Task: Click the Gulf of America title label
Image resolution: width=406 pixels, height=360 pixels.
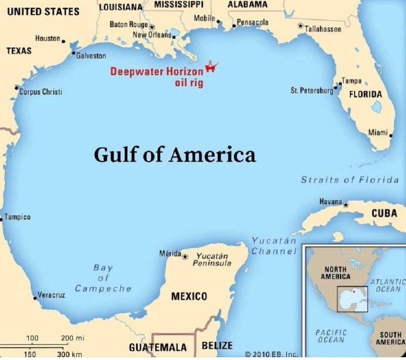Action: (174, 155)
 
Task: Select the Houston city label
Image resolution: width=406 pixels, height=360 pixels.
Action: (47, 38)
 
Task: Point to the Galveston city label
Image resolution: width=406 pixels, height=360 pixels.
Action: (91, 56)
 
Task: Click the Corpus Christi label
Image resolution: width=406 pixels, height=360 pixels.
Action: (41, 92)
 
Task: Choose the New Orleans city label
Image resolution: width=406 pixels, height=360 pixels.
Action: (152, 35)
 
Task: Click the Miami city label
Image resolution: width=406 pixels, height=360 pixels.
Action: (377, 132)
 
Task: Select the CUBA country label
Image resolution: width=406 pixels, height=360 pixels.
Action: (384, 213)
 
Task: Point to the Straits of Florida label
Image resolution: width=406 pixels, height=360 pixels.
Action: (350, 180)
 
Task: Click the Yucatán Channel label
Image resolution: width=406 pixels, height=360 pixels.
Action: (274, 246)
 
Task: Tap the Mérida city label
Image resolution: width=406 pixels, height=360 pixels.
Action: (170, 254)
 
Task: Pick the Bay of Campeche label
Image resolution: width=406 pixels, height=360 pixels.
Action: (103, 278)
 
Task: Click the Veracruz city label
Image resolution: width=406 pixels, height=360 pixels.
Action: (51, 295)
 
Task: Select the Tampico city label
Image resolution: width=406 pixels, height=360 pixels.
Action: (18, 217)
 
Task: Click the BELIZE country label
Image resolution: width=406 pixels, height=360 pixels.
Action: (217, 346)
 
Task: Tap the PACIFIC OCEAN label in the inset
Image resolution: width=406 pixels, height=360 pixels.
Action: (330, 336)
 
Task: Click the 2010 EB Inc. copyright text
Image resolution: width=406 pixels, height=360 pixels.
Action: (271, 354)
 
